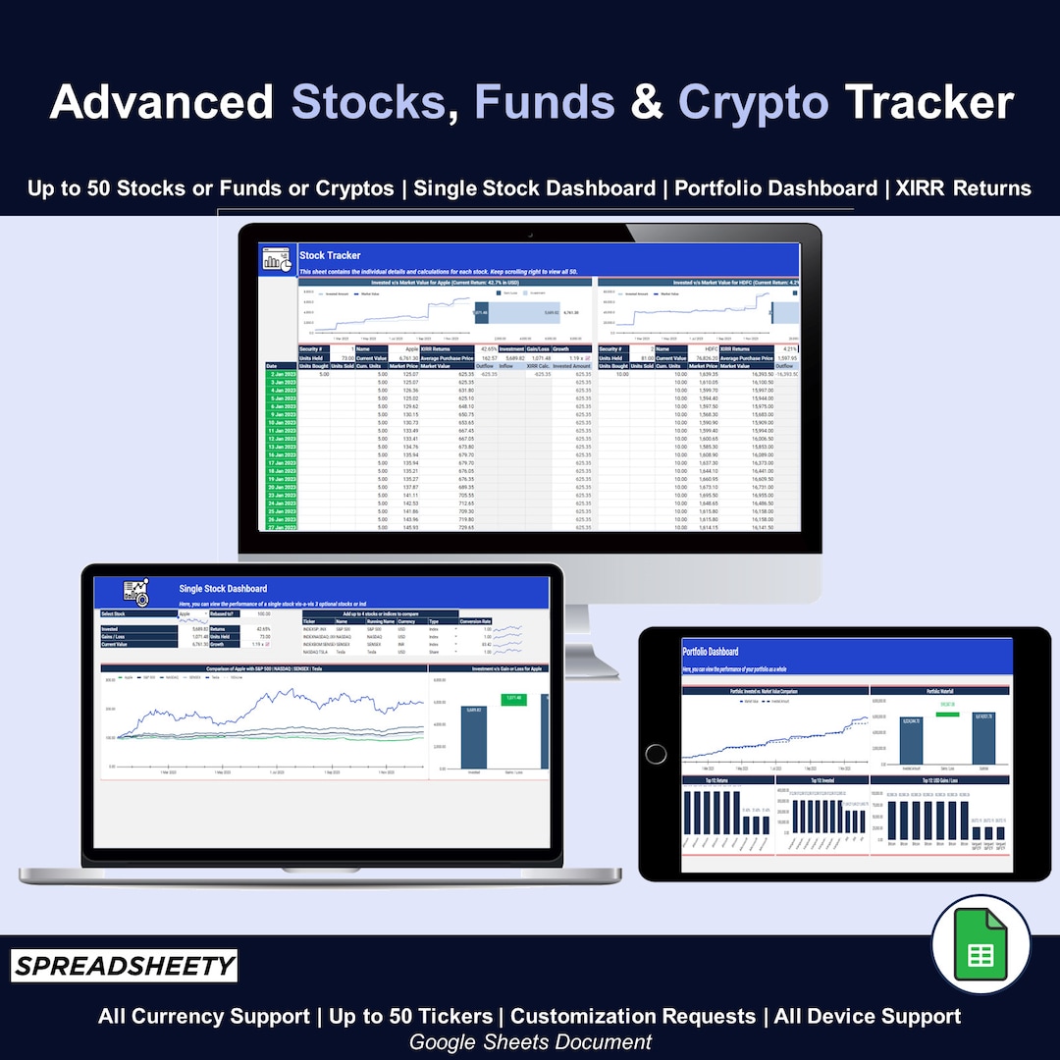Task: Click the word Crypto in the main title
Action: click(x=753, y=103)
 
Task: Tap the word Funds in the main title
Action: click(x=545, y=103)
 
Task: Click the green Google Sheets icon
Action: click(x=980, y=944)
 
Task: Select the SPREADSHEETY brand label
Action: click(x=125, y=967)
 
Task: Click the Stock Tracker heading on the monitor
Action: click(x=330, y=255)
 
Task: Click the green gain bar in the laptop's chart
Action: click(x=513, y=699)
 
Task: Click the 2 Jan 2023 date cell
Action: click(x=281, y=374)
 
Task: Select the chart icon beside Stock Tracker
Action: click(x=278, y=260)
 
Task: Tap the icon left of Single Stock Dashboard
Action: click(x=135, y=592)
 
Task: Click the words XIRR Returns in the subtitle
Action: click(x=964, y=187)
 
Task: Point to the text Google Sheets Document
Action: click(x=530, y=1041)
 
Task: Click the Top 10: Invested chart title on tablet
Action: click(x=821, y=780)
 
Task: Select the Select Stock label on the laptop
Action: click(x=115, y=613)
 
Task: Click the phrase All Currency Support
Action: click(x=202, y=1016)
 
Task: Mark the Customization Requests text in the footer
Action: click(x=633, y=1016)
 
